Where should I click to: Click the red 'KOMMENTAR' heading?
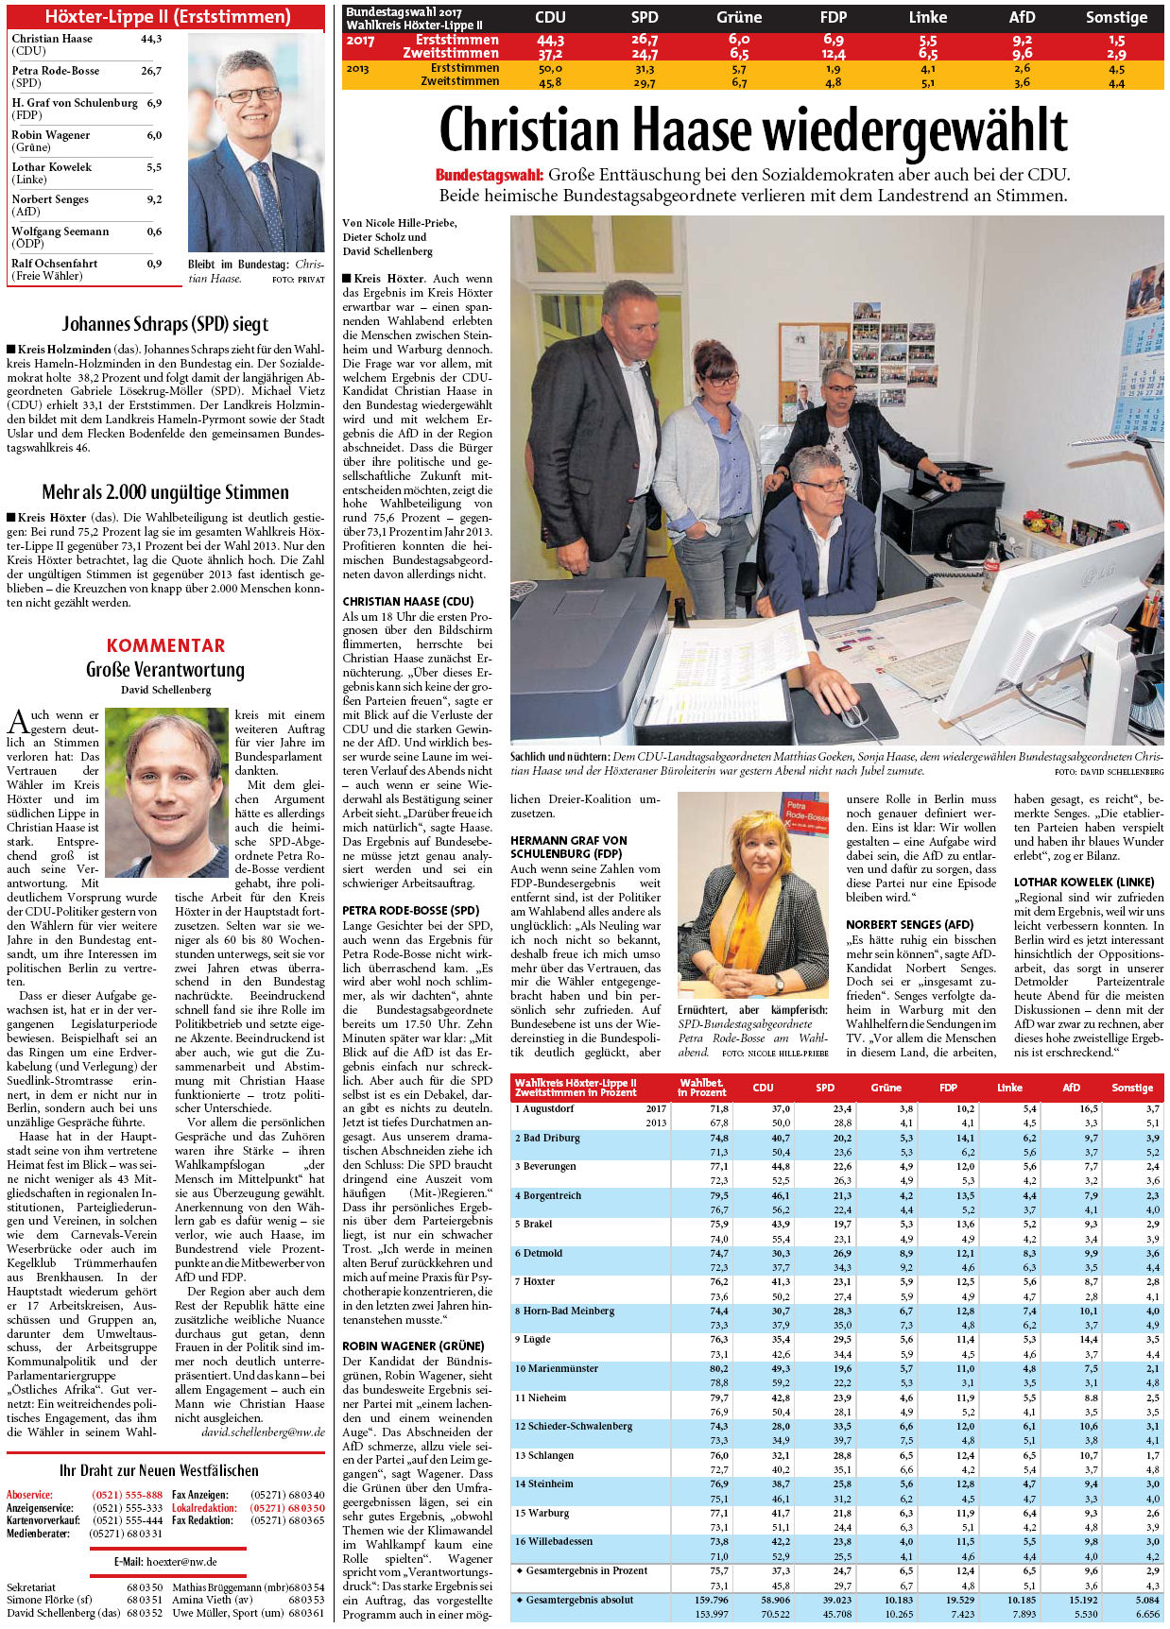165,645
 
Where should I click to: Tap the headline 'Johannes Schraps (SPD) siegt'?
165,324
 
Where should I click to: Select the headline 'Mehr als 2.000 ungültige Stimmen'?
165,492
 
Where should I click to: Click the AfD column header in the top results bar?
1022,17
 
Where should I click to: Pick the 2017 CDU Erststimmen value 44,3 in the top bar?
550,41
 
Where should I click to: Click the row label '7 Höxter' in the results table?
535,1282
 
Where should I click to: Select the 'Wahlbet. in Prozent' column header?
702,1088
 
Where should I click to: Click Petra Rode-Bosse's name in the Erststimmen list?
56,71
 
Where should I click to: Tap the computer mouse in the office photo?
854,714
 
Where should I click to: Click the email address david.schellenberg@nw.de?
263,1432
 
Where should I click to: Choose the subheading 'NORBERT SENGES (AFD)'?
908,924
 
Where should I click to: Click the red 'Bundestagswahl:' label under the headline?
489,175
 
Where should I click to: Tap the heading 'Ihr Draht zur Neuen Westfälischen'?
159,1470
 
